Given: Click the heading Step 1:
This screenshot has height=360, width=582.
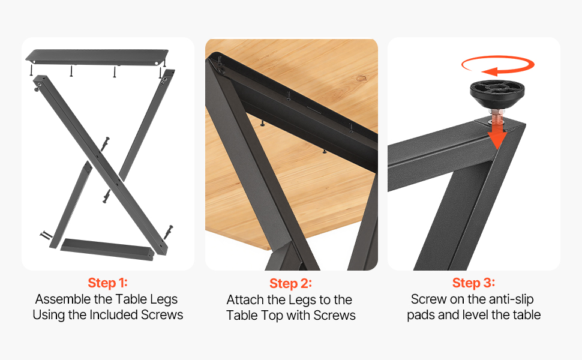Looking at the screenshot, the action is click(107, 283).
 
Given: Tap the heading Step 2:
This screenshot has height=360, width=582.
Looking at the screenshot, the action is click(290, 284).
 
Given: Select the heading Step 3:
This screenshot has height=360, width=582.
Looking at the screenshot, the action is click(473, 283).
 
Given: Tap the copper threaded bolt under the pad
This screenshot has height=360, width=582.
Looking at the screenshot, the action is click(496, 118).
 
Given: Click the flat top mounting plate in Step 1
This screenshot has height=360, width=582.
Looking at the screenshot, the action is click(97, 57).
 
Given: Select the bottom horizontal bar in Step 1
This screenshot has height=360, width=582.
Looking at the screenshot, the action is click(107, 250).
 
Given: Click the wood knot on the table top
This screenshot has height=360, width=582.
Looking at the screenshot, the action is click(361, 79).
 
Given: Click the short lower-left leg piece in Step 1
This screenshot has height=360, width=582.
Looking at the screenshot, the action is click(71, 205).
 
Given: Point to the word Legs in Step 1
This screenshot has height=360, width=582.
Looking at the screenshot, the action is click(164, 299).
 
